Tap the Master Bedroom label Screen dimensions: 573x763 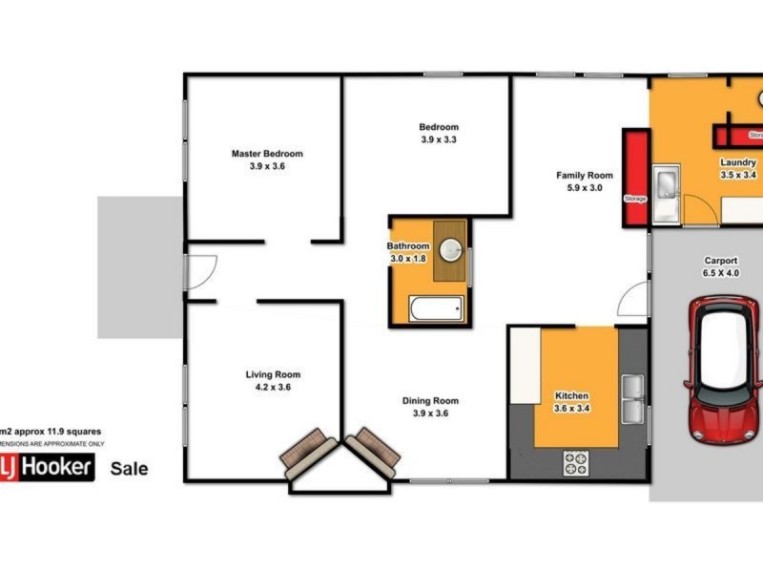267,154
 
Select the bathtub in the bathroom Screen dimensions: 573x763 436,308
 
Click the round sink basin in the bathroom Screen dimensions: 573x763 453,251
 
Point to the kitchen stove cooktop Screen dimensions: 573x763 576,463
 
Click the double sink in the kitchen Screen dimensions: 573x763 631,398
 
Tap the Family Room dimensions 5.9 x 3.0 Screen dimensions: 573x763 585,188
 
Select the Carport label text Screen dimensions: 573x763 720,259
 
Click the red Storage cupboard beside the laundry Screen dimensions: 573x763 635,178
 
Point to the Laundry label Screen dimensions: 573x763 738,162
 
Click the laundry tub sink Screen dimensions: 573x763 668,182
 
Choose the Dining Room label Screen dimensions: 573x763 430,401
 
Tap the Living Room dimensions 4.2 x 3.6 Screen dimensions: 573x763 273,388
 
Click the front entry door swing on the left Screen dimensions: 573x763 200,272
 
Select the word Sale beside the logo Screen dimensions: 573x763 130,469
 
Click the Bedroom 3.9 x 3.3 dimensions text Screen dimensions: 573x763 439,139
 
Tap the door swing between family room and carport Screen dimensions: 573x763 632,301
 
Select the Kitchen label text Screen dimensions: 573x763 572,395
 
